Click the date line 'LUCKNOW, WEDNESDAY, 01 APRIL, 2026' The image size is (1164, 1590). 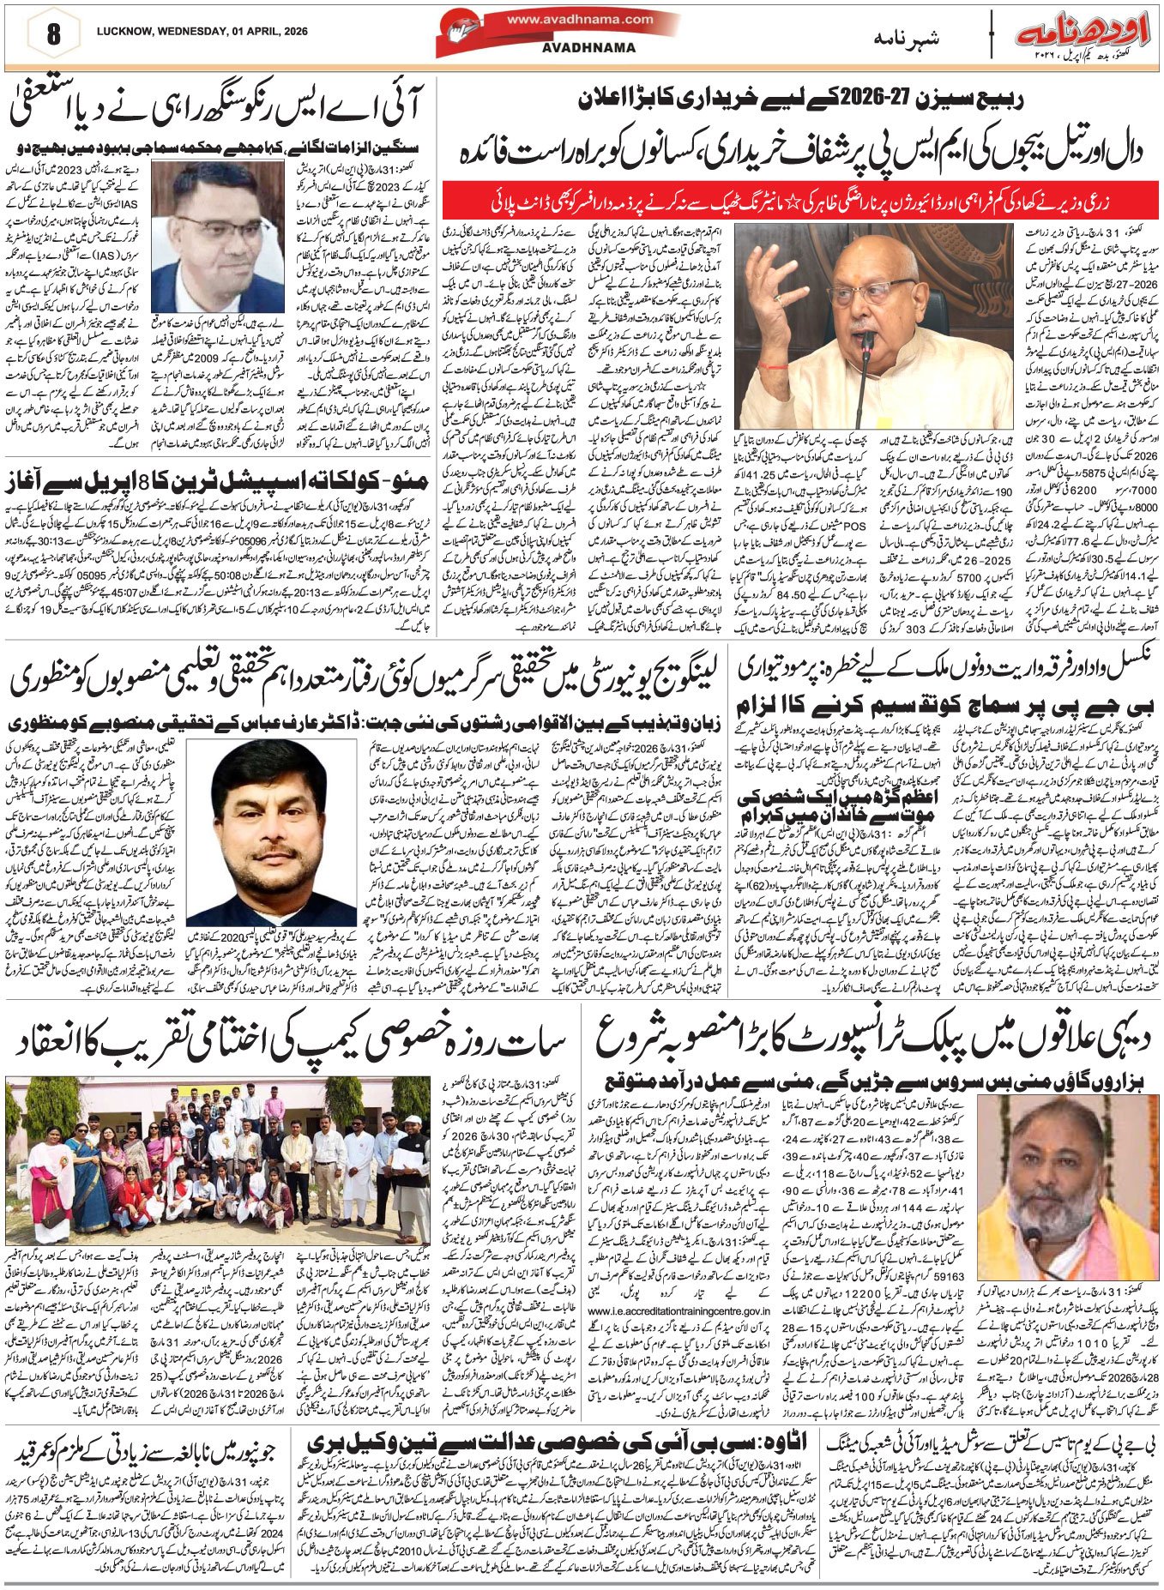pos(202,32)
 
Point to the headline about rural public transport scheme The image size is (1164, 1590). pos(869,1042)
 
